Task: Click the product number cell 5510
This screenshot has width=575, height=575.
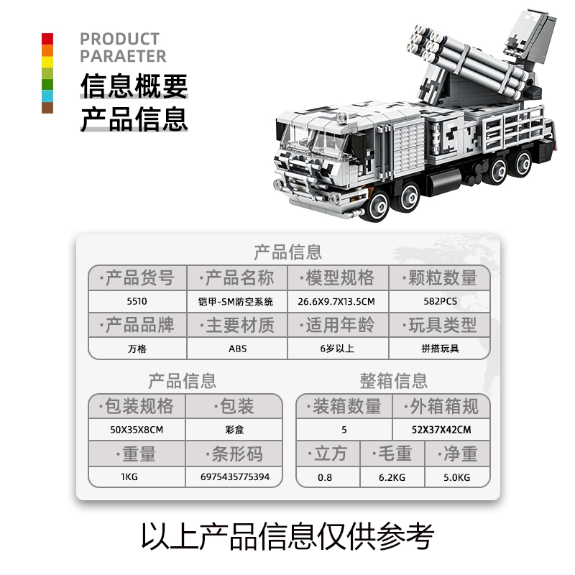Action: coord(137,301)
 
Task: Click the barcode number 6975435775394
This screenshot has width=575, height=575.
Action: coord(236,477)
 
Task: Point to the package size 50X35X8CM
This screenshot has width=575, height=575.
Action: coord(137,430)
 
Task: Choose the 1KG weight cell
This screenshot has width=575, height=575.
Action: coord(137,477)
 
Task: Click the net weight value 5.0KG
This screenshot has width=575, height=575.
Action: coord(456,477)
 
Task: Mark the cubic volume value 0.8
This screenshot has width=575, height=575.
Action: coord(327,477)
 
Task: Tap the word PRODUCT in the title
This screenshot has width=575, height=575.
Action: coord(119,39)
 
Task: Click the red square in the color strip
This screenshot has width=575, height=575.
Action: coord(47,39)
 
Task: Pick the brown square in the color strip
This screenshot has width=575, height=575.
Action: coord(47,108)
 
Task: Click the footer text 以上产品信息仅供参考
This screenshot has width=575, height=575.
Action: coord(287,535)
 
